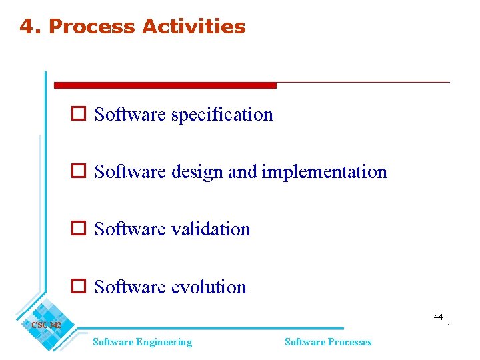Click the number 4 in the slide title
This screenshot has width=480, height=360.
coord(26,27)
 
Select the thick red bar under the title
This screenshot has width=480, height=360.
coord(165,85)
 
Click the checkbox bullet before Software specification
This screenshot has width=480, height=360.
coord(78,115)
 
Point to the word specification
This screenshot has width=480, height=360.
coord(222,115)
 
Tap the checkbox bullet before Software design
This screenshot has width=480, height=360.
coord(78,172)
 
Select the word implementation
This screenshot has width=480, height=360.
coord(324,172)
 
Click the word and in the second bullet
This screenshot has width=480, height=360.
coord(242,172)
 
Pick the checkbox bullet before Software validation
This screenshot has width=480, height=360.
coord(78,229)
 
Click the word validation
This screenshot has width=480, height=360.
coord(211,229)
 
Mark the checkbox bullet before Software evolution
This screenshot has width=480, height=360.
coord(78,287)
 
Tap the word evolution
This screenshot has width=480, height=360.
coord(209,287)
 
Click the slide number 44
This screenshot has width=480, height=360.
coord(438,317)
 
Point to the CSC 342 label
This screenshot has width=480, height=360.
coord(46,325)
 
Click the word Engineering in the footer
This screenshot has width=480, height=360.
coord(163,342)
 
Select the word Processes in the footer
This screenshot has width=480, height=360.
coord(347,342)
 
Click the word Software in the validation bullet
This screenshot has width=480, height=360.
coord(130,229)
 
